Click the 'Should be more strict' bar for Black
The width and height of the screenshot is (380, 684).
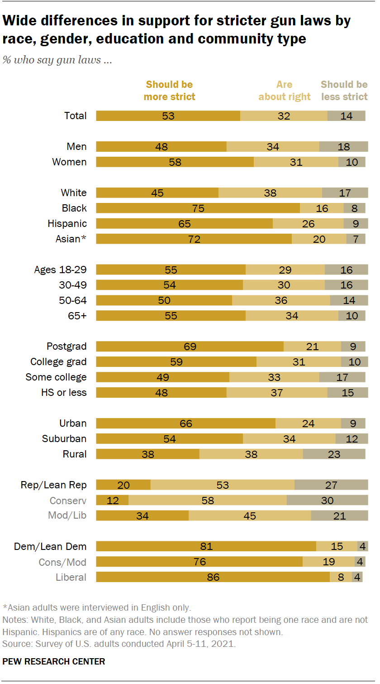(x=198, y=208)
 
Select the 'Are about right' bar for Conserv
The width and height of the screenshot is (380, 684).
(x=208, y=501)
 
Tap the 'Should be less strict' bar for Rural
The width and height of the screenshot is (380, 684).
(x=334, y=454)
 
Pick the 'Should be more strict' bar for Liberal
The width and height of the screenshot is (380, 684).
(x=213, y=578)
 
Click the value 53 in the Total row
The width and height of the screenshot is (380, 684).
(x=168, y=116)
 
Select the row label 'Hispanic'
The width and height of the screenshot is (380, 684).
(x=67, y=224)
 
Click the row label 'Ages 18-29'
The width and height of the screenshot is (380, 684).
(x=61, y=270)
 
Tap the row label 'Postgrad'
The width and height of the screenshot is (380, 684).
(x=66, y=347)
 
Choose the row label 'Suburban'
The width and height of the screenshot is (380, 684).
(x=64, y=439)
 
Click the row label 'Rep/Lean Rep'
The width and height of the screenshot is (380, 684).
(x=54, y=485)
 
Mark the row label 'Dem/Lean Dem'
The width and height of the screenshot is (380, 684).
(x=50, y=547)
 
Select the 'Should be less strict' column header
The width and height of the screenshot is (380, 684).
(x=344, y=91)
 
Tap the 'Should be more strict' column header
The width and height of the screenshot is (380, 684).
(x=170, y=91)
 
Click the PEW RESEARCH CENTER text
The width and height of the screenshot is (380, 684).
(x=54, y=661)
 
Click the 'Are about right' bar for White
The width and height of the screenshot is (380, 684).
(x=270, y=193)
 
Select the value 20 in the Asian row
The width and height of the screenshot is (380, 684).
(x=319, y=239)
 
